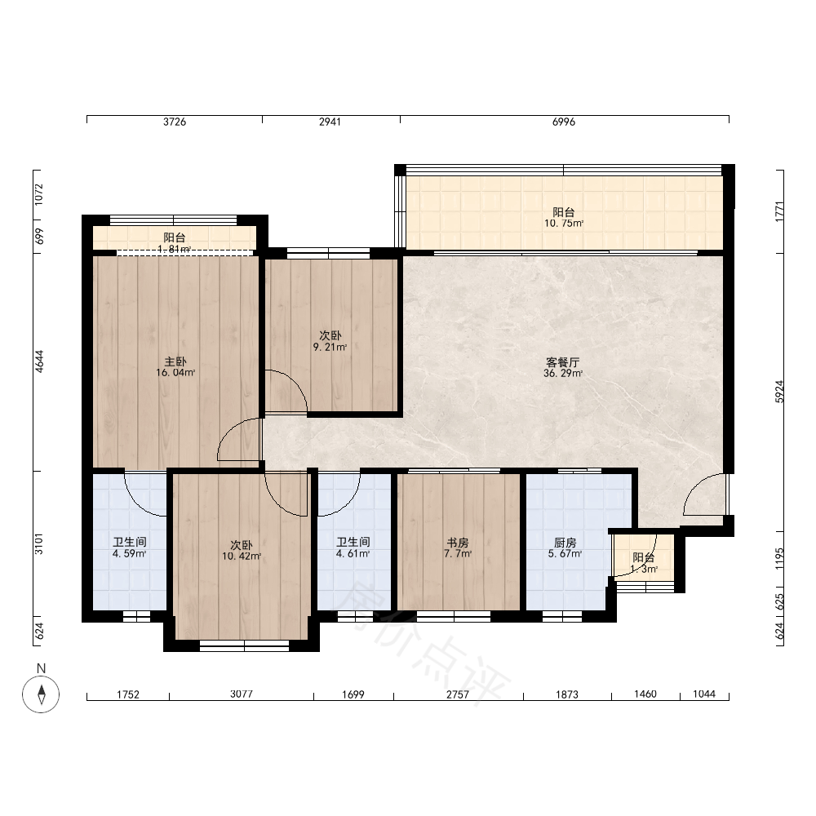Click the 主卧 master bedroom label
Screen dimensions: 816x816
coord(175,361)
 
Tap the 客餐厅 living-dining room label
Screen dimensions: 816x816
coord(562,362)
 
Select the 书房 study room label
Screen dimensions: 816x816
coord(458,543)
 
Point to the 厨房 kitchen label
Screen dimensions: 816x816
coord(565,543)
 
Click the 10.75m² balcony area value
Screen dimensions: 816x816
coord(564,224)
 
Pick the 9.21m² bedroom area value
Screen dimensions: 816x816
coord(330,347)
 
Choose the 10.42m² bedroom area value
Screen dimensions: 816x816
coord(242,557)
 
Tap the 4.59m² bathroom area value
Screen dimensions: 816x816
coord(129,554)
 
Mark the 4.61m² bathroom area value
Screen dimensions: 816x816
coord(353,554)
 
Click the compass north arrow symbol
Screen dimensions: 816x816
coord(41,694)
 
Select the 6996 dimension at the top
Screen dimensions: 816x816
coord(564,122)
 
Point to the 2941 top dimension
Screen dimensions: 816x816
coord(330,122)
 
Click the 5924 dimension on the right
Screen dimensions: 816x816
coord(779,392)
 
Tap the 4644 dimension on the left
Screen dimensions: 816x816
coord(39,361)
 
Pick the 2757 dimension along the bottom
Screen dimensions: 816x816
coord(458,694)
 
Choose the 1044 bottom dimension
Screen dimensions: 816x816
coord(704,694)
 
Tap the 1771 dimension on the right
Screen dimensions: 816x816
coord(779,212)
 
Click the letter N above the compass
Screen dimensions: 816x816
coord(41,668)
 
